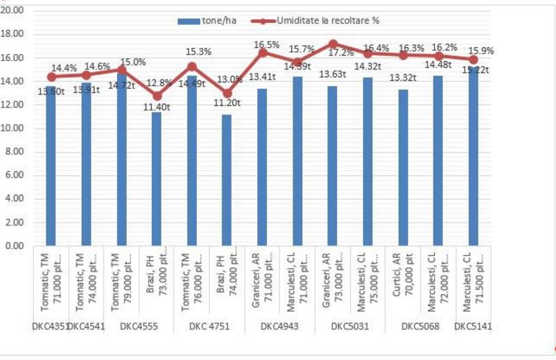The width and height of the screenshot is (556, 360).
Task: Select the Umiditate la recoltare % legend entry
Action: click(319, 20)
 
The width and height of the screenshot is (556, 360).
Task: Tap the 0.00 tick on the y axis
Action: click(15, 246)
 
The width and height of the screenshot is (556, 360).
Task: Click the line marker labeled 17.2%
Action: click(333, 44)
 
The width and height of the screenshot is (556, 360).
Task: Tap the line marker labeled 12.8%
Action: click(157, 96)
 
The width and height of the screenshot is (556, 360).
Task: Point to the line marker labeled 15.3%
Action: click(192, 67)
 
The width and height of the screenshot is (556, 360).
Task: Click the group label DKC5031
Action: click(350, 326)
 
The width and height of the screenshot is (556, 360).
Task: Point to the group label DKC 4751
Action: click(209, 326)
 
